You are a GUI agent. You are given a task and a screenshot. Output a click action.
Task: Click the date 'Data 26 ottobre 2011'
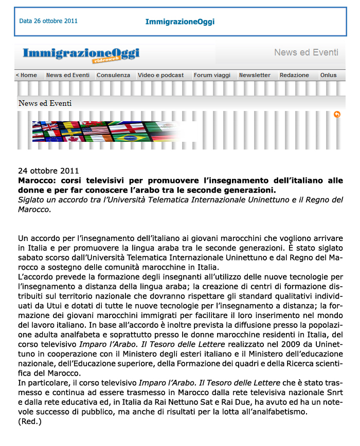click(x=48, y=22)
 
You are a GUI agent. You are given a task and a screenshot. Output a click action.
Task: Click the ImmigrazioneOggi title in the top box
click(x=179, y=22)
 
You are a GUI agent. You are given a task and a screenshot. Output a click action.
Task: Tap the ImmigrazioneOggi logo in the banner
click(x=81, y=54)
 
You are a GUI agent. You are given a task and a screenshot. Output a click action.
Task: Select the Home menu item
click(x=27, y=75)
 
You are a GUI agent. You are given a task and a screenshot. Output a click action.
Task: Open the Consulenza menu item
click(x=113, y=75)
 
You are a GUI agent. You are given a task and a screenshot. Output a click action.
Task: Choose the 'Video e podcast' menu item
click(x=160, y=75)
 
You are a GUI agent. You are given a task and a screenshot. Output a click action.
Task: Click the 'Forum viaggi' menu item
click(x=212, y=75)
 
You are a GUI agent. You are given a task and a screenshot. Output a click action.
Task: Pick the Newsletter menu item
click(x=255, y=75)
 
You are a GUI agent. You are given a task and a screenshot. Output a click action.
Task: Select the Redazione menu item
click(x=294, y=75)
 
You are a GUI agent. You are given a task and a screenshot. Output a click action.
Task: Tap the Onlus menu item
click(x=329, y=75)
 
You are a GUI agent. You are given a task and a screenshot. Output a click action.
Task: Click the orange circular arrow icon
click(x=337, y=115)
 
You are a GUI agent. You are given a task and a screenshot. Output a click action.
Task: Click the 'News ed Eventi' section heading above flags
click(x=45, y=103)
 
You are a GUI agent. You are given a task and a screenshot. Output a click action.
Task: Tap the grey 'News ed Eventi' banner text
click(x=306, y=52)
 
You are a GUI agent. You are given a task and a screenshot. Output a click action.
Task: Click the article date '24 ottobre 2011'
click(x=48, y=171)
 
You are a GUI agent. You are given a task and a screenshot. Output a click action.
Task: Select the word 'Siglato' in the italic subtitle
click(x=32, y=200)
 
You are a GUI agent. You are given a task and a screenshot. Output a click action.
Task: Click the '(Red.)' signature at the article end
click(x=29, y=421)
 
